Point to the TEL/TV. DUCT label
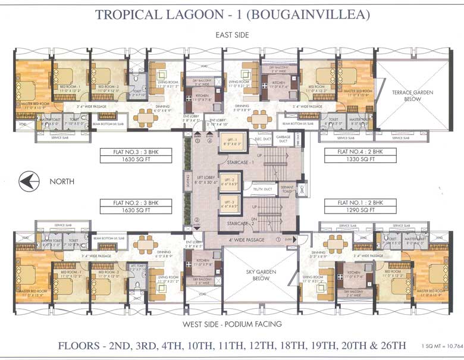(x=262, y=189)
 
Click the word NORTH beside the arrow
(x=62, y=180)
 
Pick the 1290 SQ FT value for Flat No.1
(x=350, y=210)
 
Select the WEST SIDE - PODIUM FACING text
(x=232, y=325)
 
